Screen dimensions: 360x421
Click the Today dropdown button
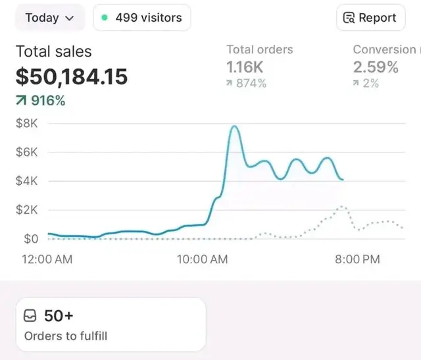coord(49,18)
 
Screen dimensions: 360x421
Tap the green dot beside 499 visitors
coord(105,18)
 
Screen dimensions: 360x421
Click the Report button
coord(370,18)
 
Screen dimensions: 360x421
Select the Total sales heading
coord(53,51)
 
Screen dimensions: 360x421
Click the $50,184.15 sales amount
coord(72,77)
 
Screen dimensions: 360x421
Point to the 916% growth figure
coord(41,101)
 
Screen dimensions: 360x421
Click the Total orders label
coord(259,49)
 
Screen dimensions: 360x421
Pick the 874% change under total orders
coord(246,83)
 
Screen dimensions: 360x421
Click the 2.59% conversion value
coord(376,66)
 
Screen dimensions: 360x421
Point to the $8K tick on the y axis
coord(27,123)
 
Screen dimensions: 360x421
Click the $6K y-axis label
coord(27,152)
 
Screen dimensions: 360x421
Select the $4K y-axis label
coord(27,181)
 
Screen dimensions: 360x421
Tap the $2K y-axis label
coord(27,210)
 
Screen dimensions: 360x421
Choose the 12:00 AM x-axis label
coord(47,259)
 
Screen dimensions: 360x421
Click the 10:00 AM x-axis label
coord(202,259)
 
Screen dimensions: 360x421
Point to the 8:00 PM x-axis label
coord(357,259)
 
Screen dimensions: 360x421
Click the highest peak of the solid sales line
coord(234,126)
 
